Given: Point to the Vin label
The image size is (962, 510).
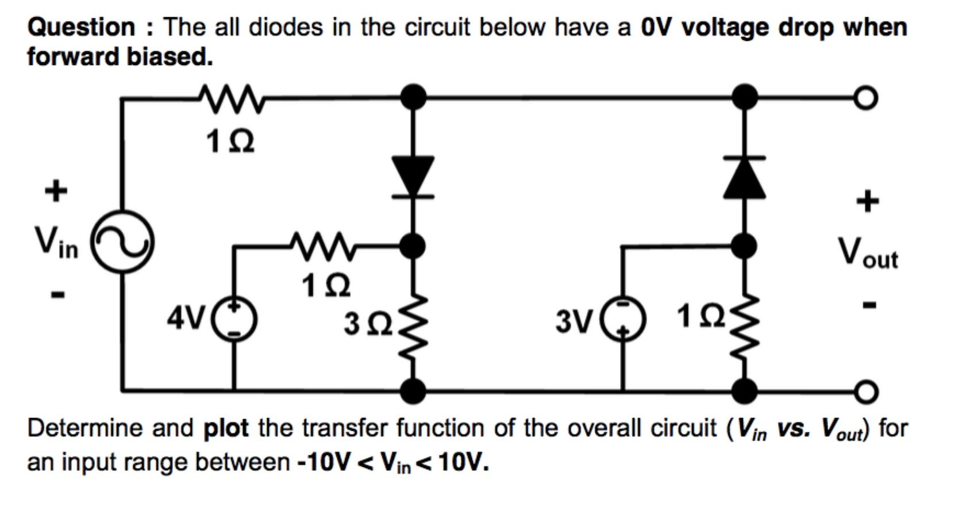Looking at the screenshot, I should coord(56,241).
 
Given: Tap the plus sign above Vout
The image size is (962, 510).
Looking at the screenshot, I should coord(868,201).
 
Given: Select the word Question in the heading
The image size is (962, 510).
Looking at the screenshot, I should coord(81,27).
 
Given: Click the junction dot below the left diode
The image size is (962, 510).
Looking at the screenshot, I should coord(413,246).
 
